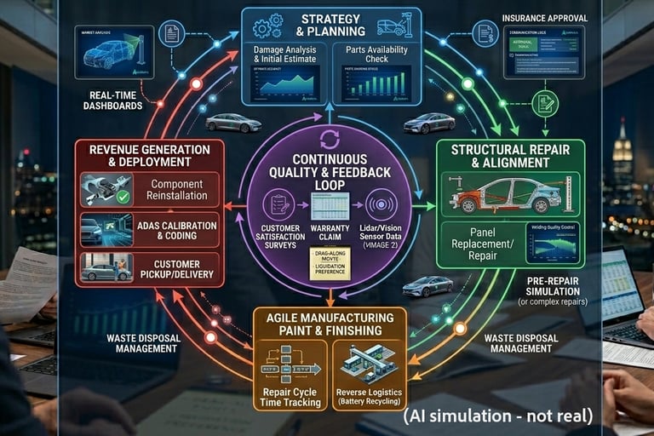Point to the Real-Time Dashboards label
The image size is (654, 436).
(x=112, y=100)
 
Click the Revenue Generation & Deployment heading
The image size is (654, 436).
(x=149, y=155)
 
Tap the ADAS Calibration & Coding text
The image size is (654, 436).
(x=174, y=228)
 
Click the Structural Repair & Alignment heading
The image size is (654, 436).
(x=511, y=156)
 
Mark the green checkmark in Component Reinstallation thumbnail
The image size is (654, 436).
(x=123, y=197)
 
